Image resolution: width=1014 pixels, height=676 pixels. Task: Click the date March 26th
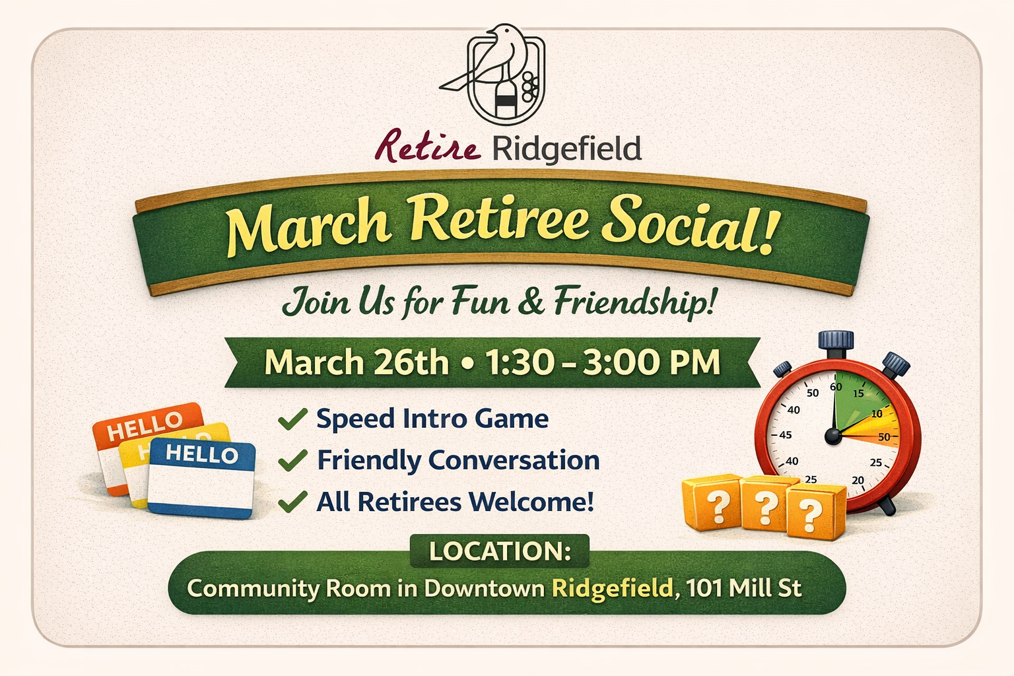pyautogui.click(x=356, y=363)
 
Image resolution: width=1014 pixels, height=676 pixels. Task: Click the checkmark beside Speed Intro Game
pyautogui.click(x=292, y=419)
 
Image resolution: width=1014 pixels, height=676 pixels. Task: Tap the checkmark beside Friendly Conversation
pyautogui.click(x=292, y=460)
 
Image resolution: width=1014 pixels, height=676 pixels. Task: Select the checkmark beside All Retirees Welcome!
pyautogui.click(x=292, y=502)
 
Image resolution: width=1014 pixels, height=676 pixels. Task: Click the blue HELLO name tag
pyautogui.click(x=201, y=479)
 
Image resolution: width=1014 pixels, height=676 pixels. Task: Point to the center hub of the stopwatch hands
pyautogui.click(x=833, y=435)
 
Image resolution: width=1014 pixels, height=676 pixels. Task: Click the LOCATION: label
pyautogui.click(x=500, y=551)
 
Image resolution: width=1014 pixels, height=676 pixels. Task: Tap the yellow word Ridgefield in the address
pyautogui.click(x=612, y=588)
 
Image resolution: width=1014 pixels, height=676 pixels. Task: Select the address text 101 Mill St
pyautogui.click(x=744, y=588)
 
